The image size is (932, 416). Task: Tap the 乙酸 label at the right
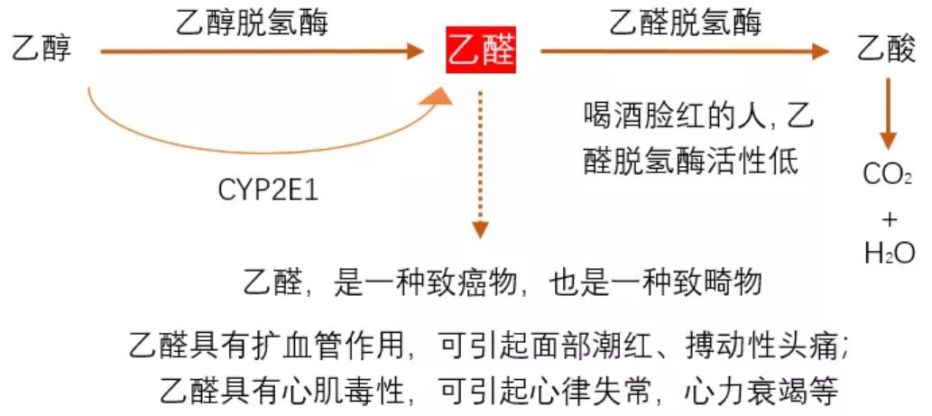(x=886, y=51)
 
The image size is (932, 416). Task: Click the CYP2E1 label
(x=268, y=191)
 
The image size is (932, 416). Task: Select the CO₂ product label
(x=888, y=174)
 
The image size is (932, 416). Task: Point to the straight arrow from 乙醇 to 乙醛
(x=262, y=51)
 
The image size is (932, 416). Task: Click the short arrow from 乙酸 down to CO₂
(x=888, y=113)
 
